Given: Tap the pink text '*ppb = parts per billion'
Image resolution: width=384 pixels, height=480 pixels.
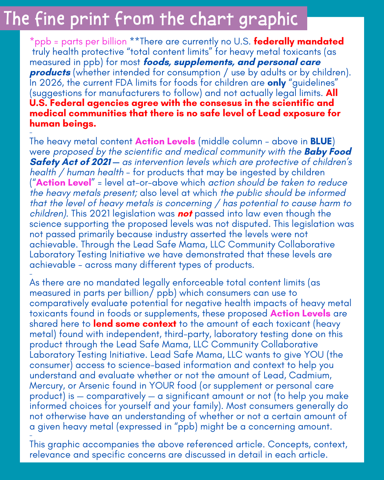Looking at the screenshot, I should pyautogui.click(x=78, y=42).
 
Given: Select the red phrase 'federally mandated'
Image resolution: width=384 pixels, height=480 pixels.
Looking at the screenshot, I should pyautogui.click(x=299, y=42).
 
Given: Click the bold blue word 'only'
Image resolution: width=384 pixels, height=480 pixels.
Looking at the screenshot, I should pyautogui.click(x=277, y=83).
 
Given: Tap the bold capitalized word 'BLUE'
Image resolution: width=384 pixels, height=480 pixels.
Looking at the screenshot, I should pyautogui.click(x=321, y=141).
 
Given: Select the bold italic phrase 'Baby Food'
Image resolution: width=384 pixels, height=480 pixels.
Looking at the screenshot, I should pyautogui.click(x=328, y=151).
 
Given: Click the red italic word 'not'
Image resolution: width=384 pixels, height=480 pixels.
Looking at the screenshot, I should pyautogui.click(x=185, y=214).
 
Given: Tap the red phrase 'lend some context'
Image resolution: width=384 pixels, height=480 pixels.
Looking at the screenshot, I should pyautogui.click(x=135, y=324).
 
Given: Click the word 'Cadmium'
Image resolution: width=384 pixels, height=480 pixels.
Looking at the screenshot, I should pyautogui.click(x=309, y=375).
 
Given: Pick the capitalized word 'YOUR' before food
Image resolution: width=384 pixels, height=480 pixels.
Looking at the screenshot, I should pyautogui.click(x=162, y=386).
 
